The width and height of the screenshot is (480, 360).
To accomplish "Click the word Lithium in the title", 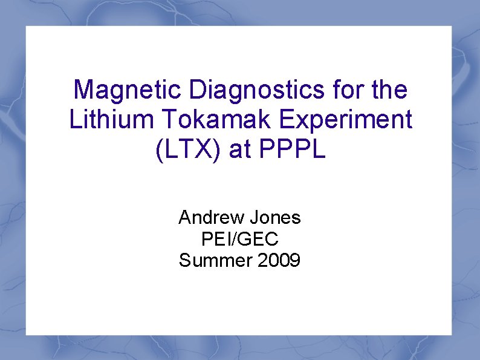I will [x=111, y=120].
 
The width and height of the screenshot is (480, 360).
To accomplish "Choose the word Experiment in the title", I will [x=344, y=120].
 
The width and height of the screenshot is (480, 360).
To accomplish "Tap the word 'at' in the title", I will [x=239, y=149].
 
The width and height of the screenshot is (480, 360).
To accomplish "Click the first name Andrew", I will [x=211, y=217].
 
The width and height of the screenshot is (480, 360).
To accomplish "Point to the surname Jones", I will [x=274, y=217].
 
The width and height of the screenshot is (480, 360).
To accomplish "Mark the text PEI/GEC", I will [x=239, y=239].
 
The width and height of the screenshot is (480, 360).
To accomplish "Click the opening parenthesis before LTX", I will [x=160, y=149].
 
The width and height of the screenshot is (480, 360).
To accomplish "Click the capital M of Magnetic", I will [x=83, y=91].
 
